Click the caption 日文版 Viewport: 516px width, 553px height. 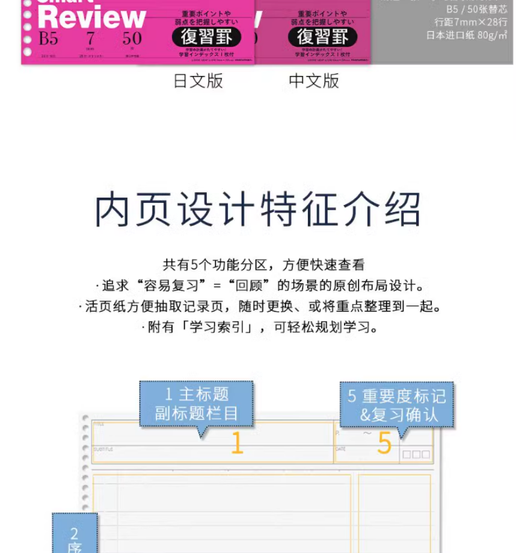(198, 81)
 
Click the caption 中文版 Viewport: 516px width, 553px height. (314, 81)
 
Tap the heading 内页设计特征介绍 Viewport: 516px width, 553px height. (258, 209)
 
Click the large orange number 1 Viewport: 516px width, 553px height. (237, 444)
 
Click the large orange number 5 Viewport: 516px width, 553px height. (384, 444)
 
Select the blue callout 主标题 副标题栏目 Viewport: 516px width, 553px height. (197, 404)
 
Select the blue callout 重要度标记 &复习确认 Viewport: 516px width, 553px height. (397, 405)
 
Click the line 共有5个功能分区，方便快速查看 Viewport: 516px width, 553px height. (263, 264)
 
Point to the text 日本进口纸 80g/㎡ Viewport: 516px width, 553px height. (466, 35)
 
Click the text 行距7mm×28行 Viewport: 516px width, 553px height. (470, 22)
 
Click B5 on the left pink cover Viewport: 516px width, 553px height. (48, 39)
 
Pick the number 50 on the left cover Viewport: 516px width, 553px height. (132, 39)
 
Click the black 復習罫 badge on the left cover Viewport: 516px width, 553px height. (206, 37)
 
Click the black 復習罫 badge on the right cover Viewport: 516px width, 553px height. (322, 37)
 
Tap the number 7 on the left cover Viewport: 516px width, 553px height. (90, 39)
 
